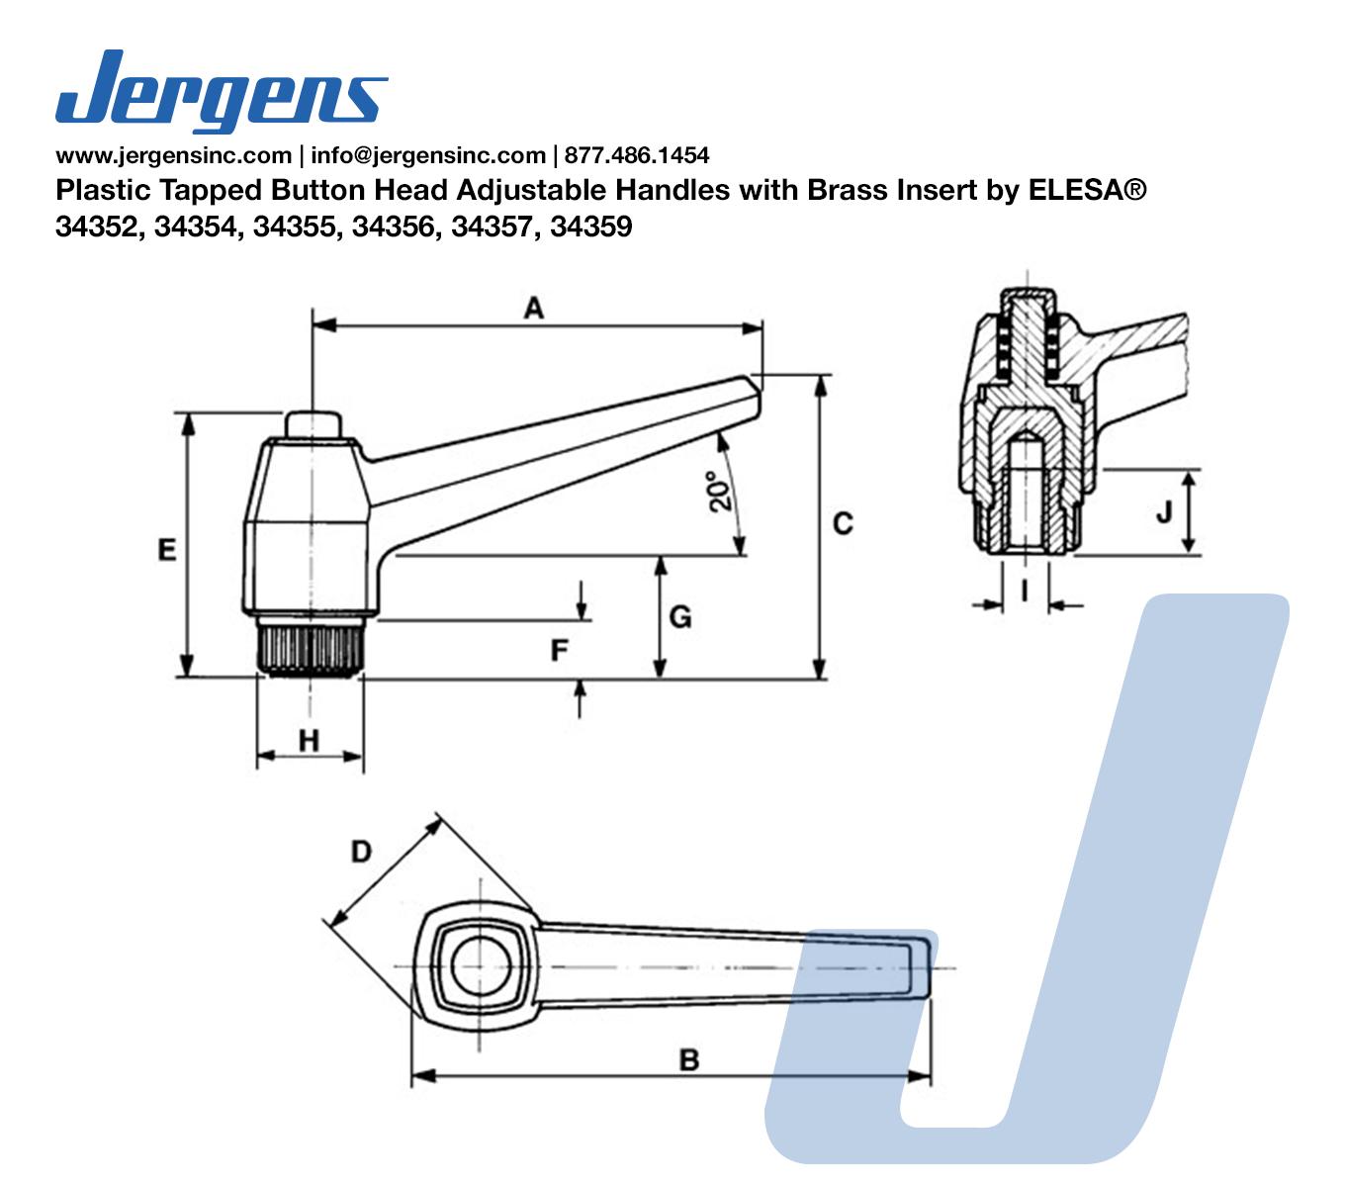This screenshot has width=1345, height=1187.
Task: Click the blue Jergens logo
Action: click(x=222, y=91)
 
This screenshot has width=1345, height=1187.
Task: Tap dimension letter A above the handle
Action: click(x=534, y=309)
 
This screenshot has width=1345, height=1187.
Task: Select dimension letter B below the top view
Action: click(x=689, y=1059)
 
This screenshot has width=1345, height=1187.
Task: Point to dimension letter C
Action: click(x=843, y=524)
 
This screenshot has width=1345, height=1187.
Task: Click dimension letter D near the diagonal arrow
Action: click(x=361, y=851)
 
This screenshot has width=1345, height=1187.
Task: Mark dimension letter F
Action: click(x=560, y=650)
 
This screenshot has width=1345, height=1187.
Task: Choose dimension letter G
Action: click(x=680, y=617)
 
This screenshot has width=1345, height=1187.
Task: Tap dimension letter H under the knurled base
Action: click(x=309, y=741)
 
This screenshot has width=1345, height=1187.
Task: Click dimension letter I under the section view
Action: click(x=1025, y=590)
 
